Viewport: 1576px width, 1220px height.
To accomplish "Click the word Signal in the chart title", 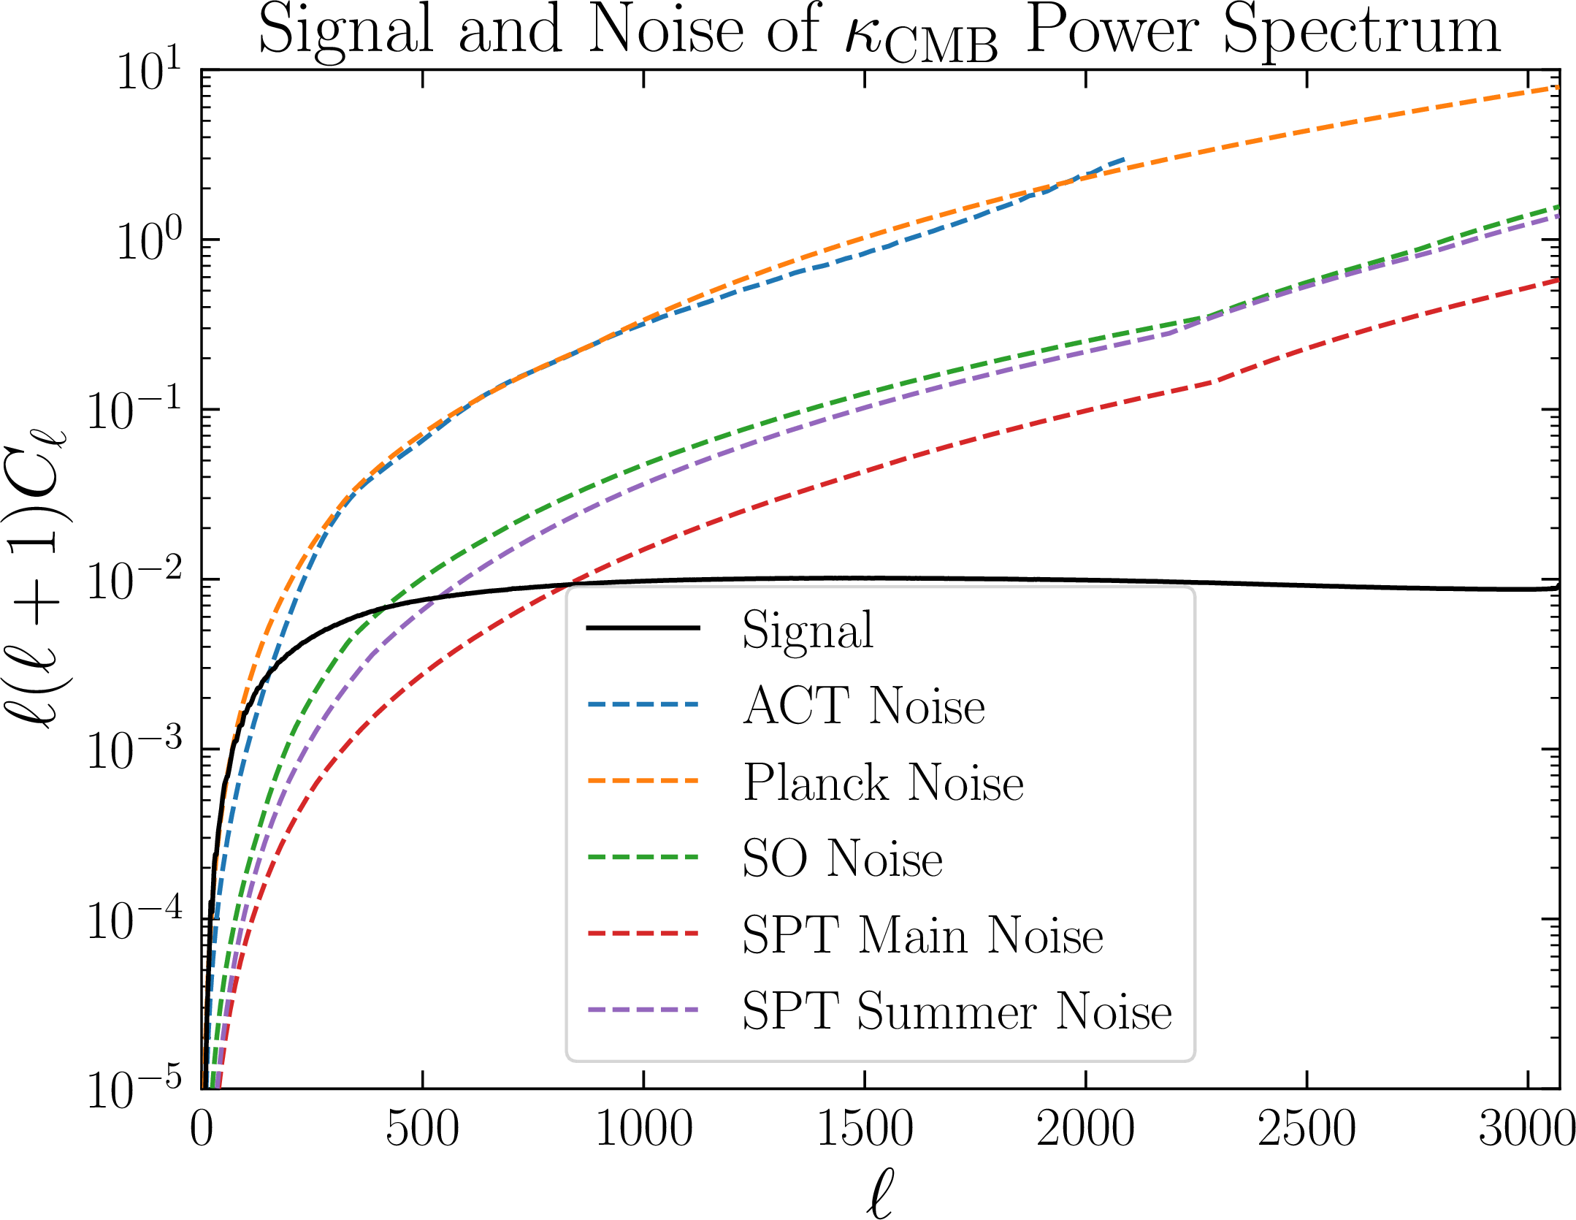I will (x=346, y=31).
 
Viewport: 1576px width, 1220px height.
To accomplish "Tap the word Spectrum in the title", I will (x=1362, y=31).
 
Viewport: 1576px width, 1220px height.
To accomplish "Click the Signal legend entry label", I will (x=808, y=630).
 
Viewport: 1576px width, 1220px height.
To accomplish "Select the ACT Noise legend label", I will (x=864, y=706).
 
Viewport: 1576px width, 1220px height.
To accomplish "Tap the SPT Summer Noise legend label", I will (x=957, y=1012).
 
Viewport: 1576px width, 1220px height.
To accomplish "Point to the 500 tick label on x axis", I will (x=422, y=1129).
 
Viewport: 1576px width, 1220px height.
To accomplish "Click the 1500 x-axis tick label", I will (x=865, y=1129).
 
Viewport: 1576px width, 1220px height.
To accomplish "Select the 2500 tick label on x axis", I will (x=1307, y=1129).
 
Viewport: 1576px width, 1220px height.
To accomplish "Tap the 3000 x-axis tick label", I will (x=1527, y=1129).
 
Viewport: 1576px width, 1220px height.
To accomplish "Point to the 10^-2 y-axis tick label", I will (x=134, y=582).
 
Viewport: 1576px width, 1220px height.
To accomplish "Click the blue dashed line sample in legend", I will (x=643, y=705).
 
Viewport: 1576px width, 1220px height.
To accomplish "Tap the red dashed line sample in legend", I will (x=643, y=934).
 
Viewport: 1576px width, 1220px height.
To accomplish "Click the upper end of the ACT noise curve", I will (x=1122, y=159).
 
